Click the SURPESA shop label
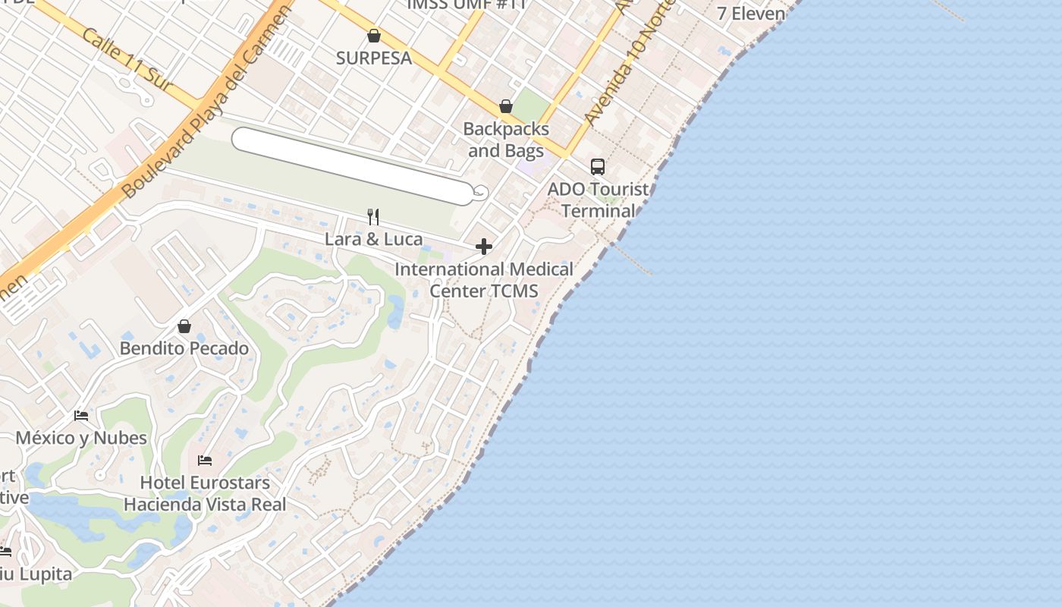pyautogui.click(x=374, y=58)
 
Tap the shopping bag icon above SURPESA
pyautogui.click(x=374, y=36)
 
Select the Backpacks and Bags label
pyautogui.click(x=506, y=140)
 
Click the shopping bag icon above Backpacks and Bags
pyautogui.click(x=506, y=106)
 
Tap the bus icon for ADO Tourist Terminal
pyautogui.click(x=598, y=167)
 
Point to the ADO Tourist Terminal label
pyautogui.click(x=599, y=200)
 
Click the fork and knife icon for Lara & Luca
pyautogui.click(x=373, y=217)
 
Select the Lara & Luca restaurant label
pyautogui.click(x=373, y=239)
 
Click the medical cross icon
pyautogui.click(x=484, y=247)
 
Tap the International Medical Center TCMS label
pyautogui.click(x=484, y=280)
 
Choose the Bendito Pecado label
pyautogui.click(x=184, y=348)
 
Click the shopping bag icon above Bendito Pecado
pyautogui.click(x=184, y=326)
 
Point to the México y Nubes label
pyautogui.click(x=81, y=438)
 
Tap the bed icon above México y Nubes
pyautogui.click(x=81, y=416)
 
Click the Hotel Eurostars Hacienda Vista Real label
pyautogui.click(x=205, y=493)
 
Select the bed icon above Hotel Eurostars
pyautogui.click(x=205, y=460)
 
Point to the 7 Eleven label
pyautogui.click(x=751, y=13)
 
